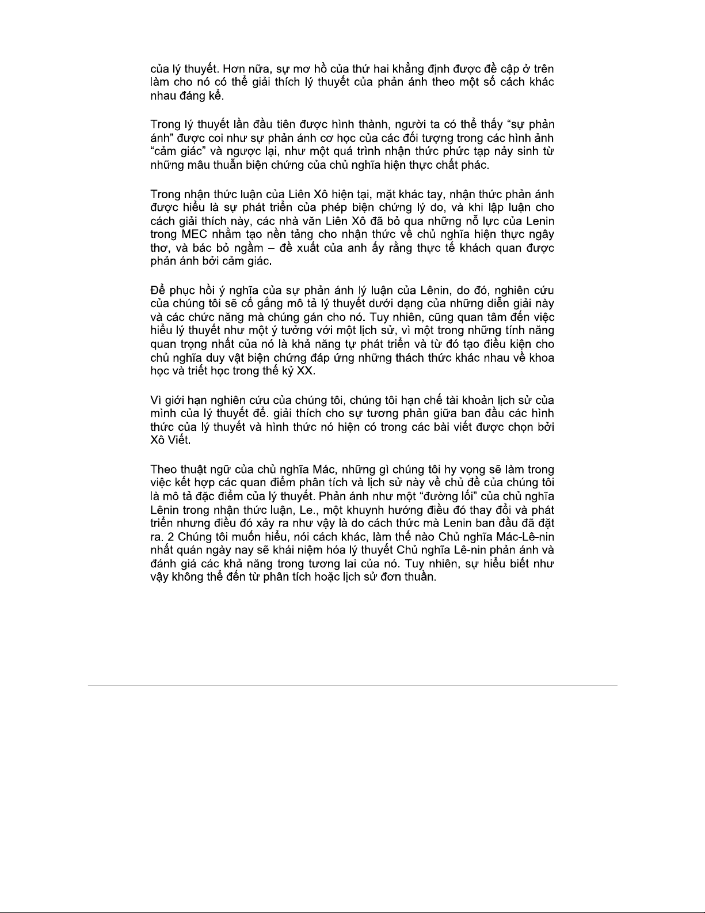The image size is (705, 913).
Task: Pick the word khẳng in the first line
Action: click(413, 68)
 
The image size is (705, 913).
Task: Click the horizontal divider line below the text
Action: click(352, 685)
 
